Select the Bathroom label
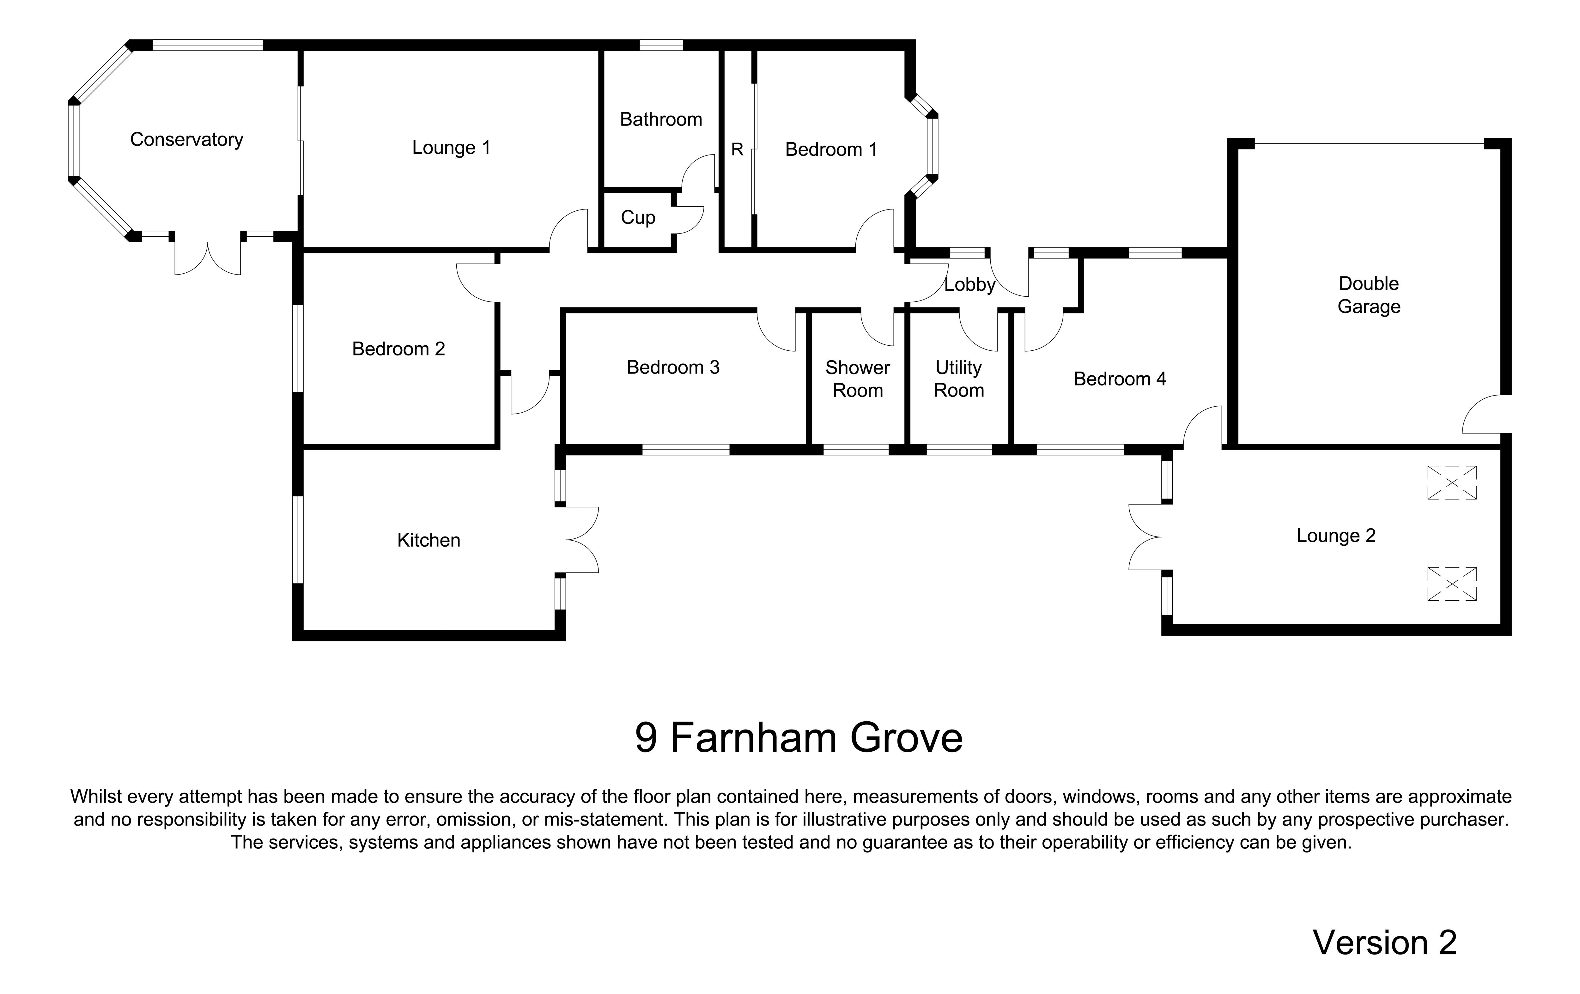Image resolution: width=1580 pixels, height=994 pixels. pos(661,119)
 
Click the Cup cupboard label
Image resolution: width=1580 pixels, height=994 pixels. pos(638,217)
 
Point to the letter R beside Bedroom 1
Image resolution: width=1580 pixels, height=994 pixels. pos(737,149)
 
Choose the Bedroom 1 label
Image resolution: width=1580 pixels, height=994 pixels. pos(831,149)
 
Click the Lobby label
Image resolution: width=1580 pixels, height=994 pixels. pos(969,285)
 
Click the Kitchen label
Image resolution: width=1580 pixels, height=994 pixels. pos(428,540)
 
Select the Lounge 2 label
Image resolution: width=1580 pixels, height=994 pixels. pos(1335,535)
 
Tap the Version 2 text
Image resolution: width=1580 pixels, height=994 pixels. pos(1384,943)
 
